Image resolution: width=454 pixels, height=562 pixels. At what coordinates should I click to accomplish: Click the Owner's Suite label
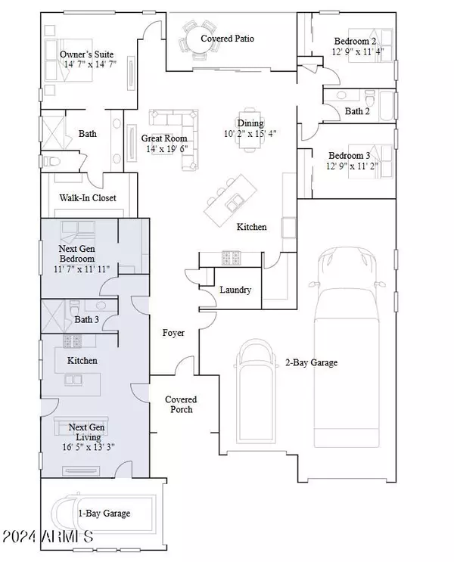[86, 54]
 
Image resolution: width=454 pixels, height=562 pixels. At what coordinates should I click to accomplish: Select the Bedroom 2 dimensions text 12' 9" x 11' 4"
[358, 51]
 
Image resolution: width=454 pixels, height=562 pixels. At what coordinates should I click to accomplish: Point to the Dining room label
[250, 123]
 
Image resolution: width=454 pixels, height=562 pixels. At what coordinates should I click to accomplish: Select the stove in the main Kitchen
[231, 258]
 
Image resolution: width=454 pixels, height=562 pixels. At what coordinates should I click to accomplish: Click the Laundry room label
[235, 290]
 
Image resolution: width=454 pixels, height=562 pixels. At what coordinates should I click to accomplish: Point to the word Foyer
[173, 333]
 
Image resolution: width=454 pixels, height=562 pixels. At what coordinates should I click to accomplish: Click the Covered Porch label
[181, 405]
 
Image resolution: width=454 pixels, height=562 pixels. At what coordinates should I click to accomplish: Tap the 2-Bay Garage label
[311, 363]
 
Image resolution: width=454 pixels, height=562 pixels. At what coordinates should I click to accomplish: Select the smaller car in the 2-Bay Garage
[256, 391]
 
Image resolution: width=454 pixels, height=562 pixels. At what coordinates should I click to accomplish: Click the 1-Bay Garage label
[104, 514]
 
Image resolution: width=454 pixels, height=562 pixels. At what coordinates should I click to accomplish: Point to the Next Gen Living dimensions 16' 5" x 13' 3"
[89, 447]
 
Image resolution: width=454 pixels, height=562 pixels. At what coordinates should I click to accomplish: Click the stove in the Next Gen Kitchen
[73, 341]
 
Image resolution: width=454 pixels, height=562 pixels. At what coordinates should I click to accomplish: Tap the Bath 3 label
[87, 319]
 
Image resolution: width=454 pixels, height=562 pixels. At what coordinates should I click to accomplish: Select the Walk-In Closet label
[88, 198]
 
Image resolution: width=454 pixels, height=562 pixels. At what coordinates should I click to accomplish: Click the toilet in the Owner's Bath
[52, 161]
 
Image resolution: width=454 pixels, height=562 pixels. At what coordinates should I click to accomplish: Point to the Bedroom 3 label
[350, 156]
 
